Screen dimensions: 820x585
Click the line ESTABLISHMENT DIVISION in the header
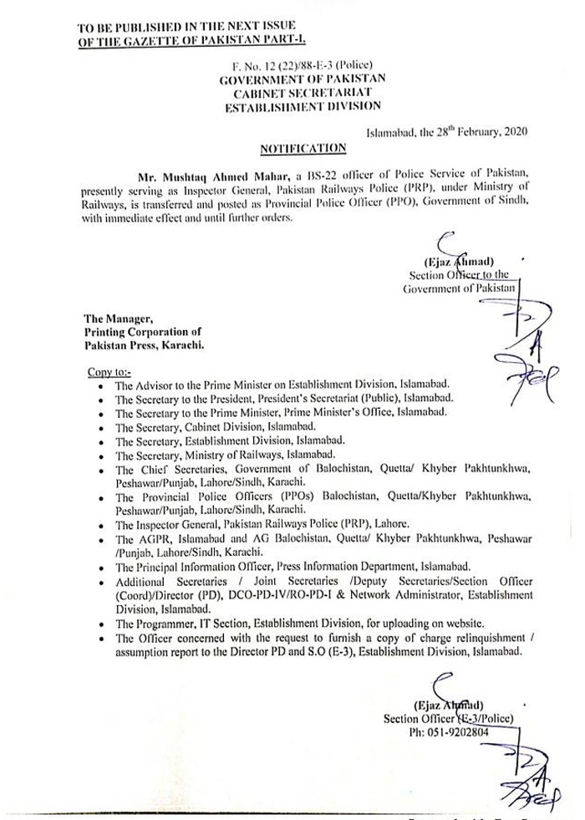coord(301,105)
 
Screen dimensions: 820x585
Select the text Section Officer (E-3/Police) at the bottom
coord(448,717)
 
